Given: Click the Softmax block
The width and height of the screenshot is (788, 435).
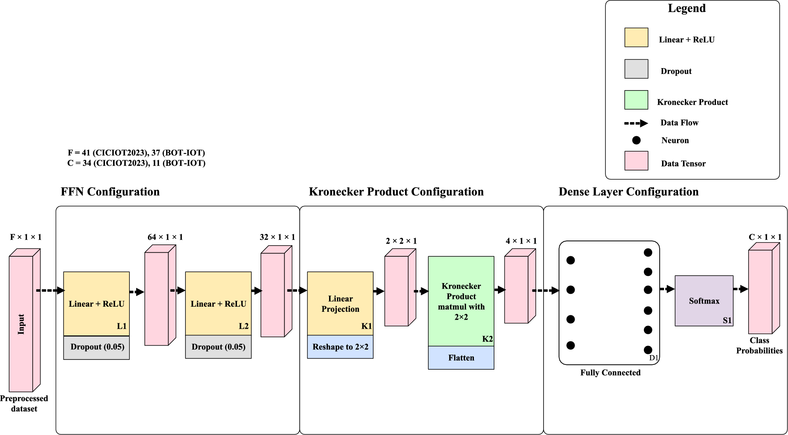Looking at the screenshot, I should (x=704, y=301).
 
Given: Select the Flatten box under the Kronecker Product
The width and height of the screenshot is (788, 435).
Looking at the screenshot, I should (x=461, y=358).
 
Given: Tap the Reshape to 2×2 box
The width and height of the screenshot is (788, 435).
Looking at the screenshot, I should (x=340, y=347).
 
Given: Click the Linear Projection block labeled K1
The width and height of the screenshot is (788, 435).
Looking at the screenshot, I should (x=340, y=304).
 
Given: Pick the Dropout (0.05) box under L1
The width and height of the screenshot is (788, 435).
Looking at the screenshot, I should (x=96, y=347).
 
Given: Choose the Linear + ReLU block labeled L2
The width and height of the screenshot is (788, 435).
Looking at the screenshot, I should (x=218, y=304).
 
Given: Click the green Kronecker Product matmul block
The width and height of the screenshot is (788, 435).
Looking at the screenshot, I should (x=461, y=301).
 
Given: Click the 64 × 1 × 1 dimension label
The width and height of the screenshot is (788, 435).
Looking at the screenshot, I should (x=165, y=237).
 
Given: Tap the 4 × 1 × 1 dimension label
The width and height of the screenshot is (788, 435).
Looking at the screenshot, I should (x=521, y=241).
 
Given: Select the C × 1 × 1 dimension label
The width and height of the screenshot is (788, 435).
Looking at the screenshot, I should (x=765, y=237).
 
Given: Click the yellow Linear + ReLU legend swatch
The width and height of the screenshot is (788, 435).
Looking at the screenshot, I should (x=636, y=37).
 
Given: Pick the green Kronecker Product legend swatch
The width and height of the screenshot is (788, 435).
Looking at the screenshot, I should (x=636, y=100).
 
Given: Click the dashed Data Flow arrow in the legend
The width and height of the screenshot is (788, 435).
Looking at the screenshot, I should (x=636, y=123).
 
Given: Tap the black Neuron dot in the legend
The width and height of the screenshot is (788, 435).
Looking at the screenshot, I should (x=636, y=140).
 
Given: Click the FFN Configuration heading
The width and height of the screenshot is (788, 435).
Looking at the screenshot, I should (x=110, y=192).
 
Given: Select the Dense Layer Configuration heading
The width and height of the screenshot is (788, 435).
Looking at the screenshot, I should (x=629, y=192).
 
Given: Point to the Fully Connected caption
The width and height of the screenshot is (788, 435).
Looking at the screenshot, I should (x=610, y=373).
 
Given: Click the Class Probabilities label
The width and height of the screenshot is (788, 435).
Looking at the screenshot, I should (x=759, y=346).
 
